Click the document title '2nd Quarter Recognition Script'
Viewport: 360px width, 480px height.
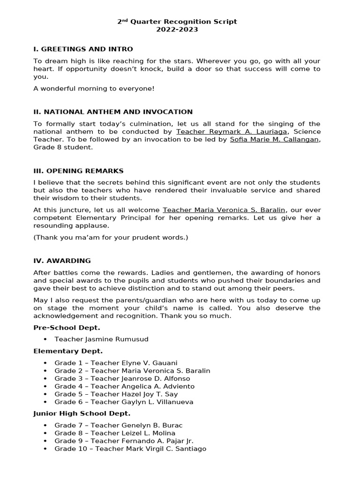click(x=177, y=22)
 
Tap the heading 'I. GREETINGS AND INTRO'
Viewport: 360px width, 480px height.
click(x=83, y=49)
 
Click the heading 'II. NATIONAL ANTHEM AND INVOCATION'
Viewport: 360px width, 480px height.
click(x=113, y=112)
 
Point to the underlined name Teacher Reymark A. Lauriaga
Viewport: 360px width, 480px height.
click(x=232, y=132)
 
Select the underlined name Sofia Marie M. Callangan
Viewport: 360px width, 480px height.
click(x=275, y=140)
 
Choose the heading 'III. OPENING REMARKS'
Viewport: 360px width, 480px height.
click(x=78, y=171)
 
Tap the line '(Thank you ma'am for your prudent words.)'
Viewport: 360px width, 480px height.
click(x=111, y=238)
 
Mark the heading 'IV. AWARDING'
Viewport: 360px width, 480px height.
click(x=62, y=261)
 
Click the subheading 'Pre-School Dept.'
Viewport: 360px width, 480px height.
click(x=67, y=328)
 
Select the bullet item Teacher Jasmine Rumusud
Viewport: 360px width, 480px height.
click(x=101, y=339)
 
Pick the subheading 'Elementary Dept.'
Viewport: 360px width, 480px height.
click(x=68, y=351)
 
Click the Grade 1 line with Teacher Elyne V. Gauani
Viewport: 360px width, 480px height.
click(x=116, y=363)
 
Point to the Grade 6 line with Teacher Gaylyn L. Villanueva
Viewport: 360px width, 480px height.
click(x=124, y=402)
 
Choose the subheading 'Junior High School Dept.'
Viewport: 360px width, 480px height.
click(x=82, y=413)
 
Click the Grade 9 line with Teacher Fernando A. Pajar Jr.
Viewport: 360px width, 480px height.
click(x=124, y=441)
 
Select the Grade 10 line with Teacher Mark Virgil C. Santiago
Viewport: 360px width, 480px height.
click(x=130, y=449)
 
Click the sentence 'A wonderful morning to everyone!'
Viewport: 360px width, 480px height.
click(x=94, y=89)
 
